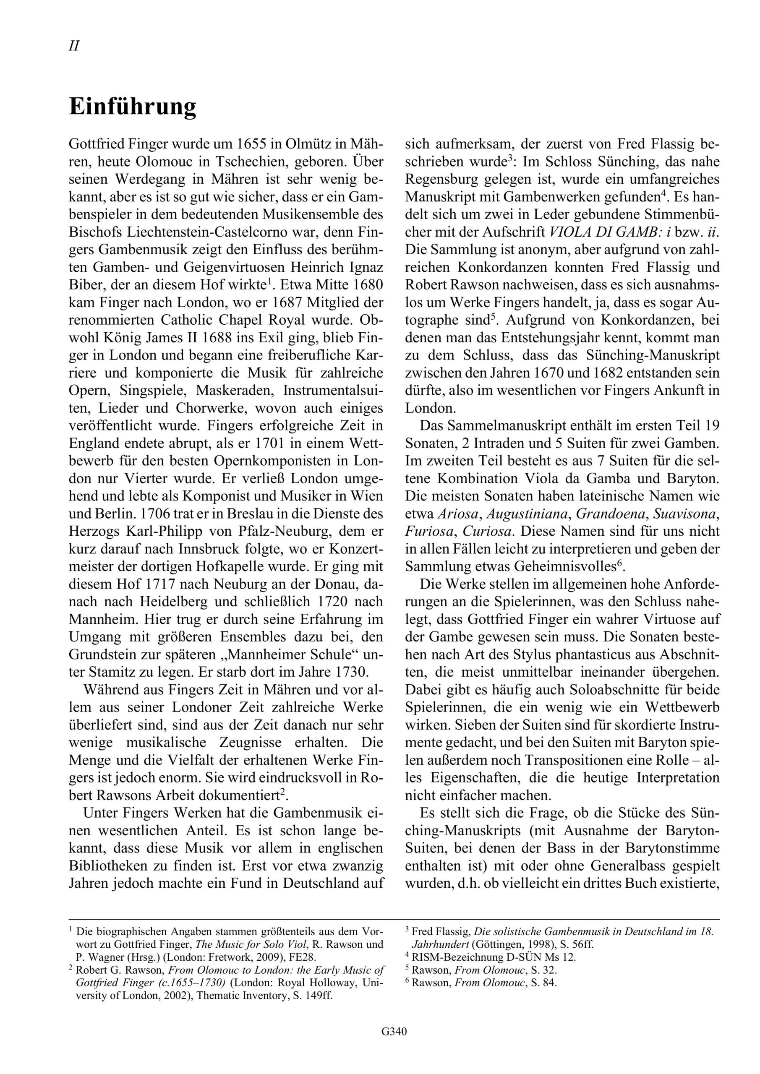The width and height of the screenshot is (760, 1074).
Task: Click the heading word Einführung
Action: point(133,107)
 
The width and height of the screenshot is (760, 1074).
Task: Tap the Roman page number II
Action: point(74,46)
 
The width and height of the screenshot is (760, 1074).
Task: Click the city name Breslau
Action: point(253,514)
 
